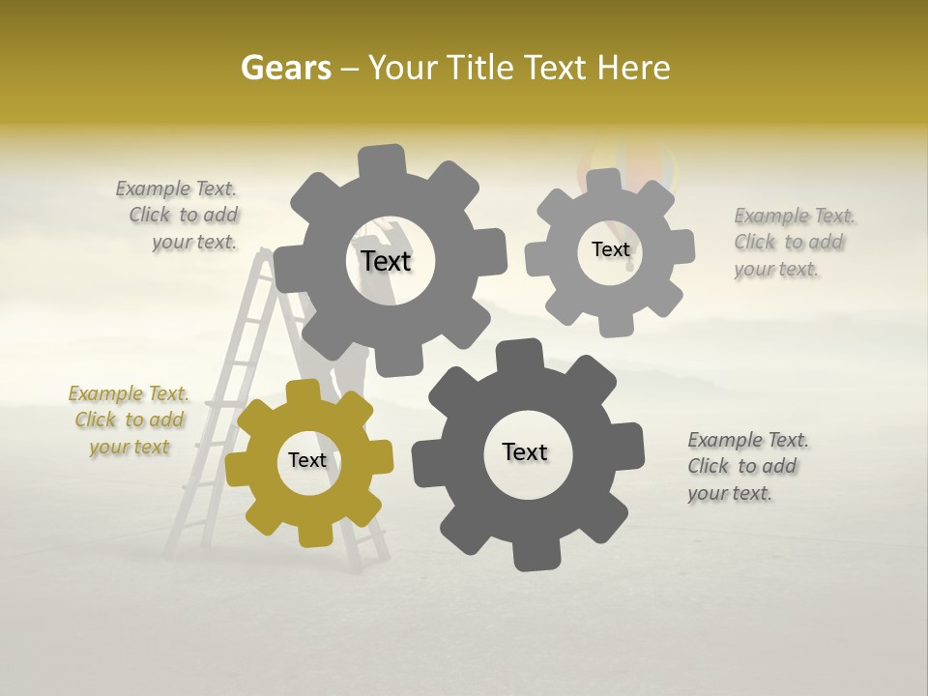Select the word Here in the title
pyautogui.click(x=634, y=68)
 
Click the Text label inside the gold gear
pyautogui.click(x=307, y=460)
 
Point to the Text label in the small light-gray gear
pyautogui.click(x=610, y=249)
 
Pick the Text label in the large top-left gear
pyautogui.click(x=387, y=261)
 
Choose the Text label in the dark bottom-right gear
pyautogui.click(x=525, y=451)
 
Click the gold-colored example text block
pyautogui.click(x=130, y=420)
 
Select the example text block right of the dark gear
pyautogui.click(x=747, y=466)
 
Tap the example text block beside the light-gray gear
pyautogui.click(x=794, y=242)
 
